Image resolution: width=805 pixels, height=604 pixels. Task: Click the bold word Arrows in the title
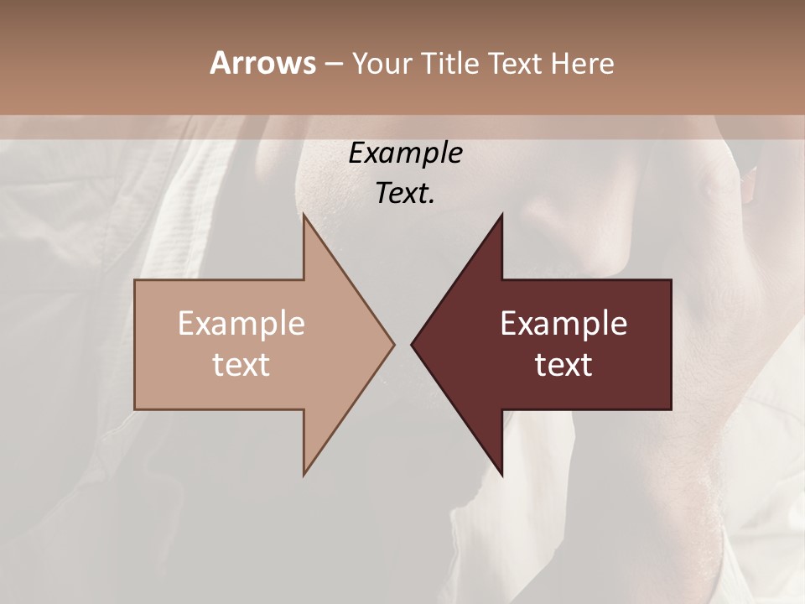pyautogui.click(x=262, y=63)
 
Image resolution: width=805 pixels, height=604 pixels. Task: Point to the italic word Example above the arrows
pyautogui.click(x=405, y=154)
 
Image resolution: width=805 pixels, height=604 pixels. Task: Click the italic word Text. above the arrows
pyautogui.click(x=405, y=194)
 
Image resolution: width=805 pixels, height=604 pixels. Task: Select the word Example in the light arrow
pyautogui.click(x=241, y=324)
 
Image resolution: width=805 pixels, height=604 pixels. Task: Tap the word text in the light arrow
pyautogui.click(x=241, y=365)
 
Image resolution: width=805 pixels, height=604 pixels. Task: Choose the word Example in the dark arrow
pyautogui.click(x=563, y=324)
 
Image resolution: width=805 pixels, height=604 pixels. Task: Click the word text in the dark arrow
pyautogui.click(x=563, y=365)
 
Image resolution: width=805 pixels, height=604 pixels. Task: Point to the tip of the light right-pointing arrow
pyautogui.click(x=394, y=344)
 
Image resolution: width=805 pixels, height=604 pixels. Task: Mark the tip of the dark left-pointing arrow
pyautogui.click(x=412, y=344)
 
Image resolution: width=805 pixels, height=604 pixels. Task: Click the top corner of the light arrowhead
pyautogui.click(x=304, y=215)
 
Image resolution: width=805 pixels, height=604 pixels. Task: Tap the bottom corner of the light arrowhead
pyautogui.click(x=304, y=475)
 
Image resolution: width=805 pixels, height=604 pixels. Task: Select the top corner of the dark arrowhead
pyautogui.click(x=501, y=215)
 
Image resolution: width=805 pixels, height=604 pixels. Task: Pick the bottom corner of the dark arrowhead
pyautogui.click(x=501, y=475)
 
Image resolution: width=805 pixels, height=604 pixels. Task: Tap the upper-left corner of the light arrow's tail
pyautogui.click(x=135, y=280)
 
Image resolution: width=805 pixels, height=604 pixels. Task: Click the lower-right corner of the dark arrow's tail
pyautogui.click(x=671, y=409)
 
